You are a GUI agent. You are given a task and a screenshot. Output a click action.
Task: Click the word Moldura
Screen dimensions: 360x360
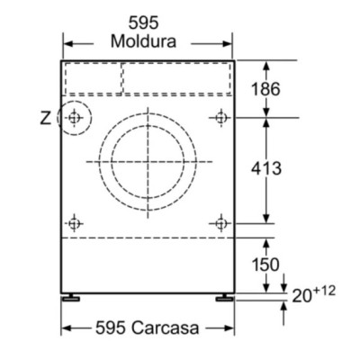click(148, 41)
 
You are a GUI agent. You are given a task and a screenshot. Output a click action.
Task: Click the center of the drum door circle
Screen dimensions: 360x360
click(148, 161)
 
